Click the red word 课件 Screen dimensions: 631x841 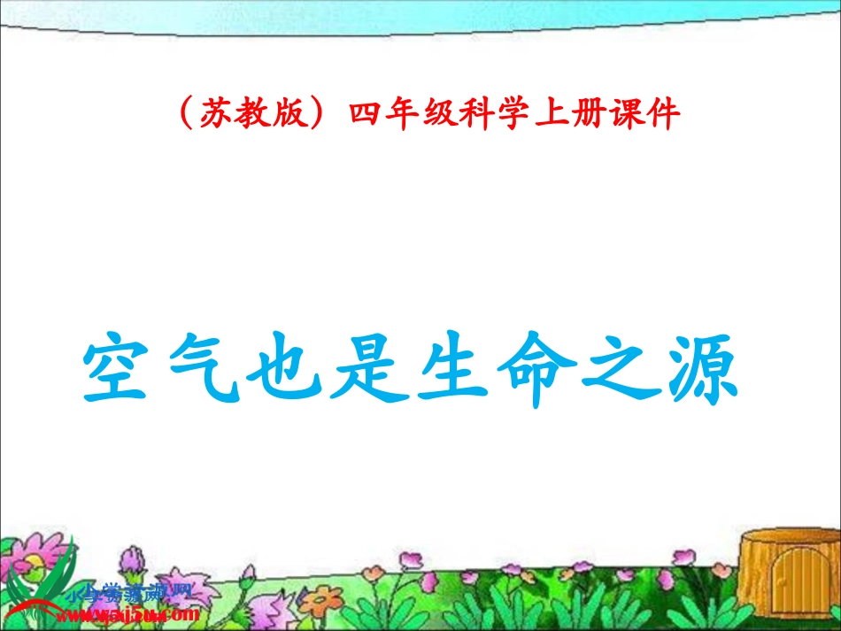point(646,115)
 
